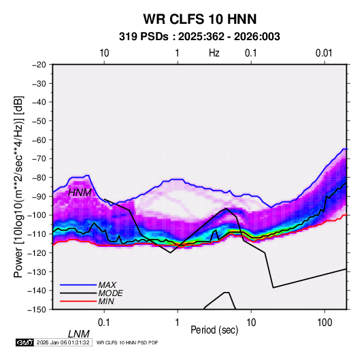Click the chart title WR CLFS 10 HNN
click(200, 19)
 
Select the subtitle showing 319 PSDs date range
click(199, 37)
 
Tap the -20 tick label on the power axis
click(39, 65)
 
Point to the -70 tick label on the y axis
click(39, 159)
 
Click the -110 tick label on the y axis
click(37, 234)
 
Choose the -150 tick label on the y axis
click(37, 310)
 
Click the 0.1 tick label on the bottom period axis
click(104, 323)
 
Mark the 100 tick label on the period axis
click(325, 323)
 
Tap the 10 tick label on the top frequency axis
click(104, 53)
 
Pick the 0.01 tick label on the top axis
click(324, 53)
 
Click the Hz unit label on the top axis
click(214, 53)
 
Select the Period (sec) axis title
click(214, 330)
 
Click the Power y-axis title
click(18, 186)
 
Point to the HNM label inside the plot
click(80, 193)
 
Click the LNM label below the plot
click(79, 334)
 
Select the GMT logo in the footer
click(24, 342)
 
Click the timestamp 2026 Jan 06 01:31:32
click(63, 342)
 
